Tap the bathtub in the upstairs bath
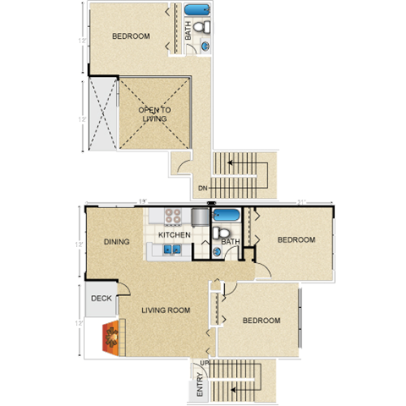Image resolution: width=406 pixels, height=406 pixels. coord(198,12)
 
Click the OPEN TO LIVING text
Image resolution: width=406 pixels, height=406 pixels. coord(153,114)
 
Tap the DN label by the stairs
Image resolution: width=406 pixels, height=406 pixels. coord(203,188)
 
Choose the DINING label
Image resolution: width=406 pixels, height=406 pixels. coord(117,242)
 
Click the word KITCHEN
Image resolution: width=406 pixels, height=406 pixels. coord(174,234)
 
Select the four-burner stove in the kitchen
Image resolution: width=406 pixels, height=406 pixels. coord(173,216)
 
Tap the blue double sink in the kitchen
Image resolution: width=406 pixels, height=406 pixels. coord(171,250)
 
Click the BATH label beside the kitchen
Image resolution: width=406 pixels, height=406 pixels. coord(229,243)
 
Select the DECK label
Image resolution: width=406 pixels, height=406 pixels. coord(101,298)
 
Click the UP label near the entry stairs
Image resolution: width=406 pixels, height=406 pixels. coord(203,365)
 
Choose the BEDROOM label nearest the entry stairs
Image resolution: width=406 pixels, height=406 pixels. coord(261,321)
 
